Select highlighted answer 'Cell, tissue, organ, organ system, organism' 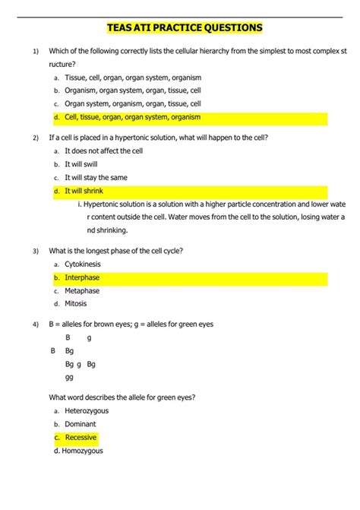tap(132, 117)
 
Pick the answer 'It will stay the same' tap(96, 177)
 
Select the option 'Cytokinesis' tap(83, 264)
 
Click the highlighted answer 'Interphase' tap(82, 277)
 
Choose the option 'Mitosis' tap(76, 303)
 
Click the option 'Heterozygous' tap(87, 410)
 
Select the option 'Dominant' tap(81, 423)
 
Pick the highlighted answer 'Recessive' tap(81, 437)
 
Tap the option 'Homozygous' tap(84, 451)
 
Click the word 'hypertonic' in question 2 tap(151, 138)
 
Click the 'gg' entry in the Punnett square tap(69, 377)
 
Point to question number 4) tap(36, 325)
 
